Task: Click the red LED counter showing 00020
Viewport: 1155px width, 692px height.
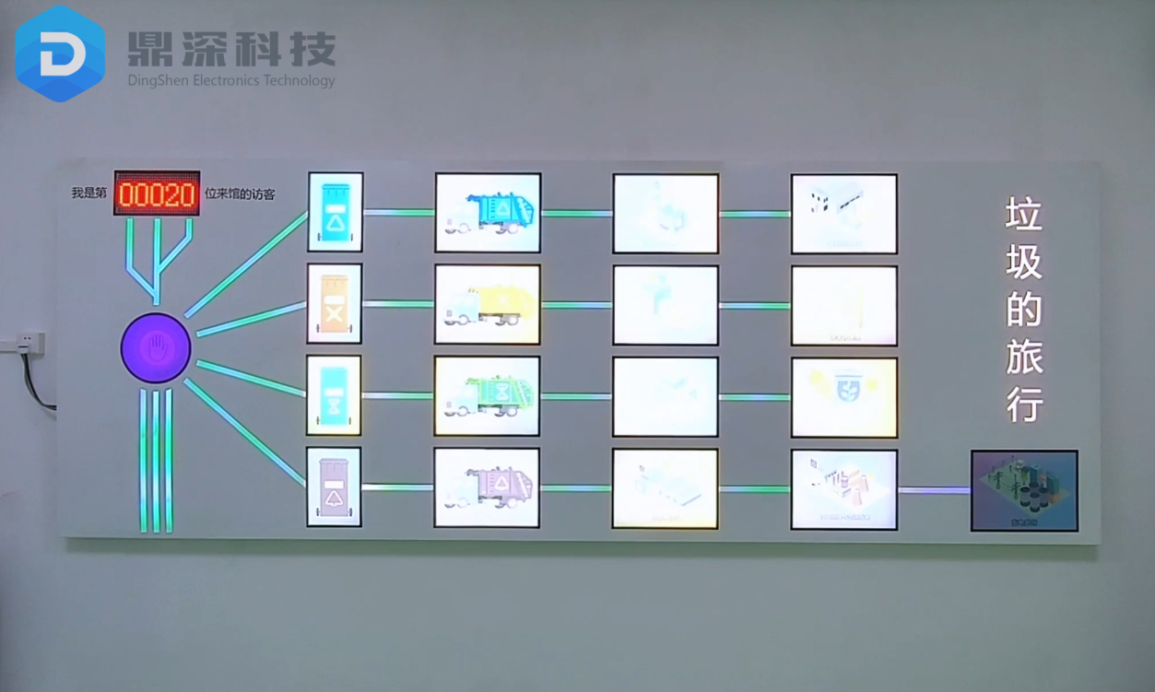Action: (157, 194)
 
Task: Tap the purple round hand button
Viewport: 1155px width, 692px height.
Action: (156, 348)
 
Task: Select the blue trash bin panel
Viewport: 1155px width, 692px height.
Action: (335, 212)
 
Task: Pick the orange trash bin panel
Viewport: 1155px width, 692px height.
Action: (335, 303)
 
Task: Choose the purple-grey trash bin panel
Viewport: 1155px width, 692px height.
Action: (334, 487)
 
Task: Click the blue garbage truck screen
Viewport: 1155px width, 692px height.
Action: (488, 213)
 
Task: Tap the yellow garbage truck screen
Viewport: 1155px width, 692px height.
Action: (488, 304)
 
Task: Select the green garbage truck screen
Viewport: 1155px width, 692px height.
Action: (488, 395)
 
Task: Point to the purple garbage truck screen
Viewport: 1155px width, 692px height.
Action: (487, 487)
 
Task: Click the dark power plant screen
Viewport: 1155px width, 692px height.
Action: (1024, 490)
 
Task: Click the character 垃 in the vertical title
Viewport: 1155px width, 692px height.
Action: (1024, 215)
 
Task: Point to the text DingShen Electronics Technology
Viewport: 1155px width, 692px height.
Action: (231, 80)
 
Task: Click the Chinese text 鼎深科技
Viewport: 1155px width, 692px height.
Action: (231, 49)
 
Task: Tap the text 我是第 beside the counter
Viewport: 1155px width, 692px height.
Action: (90, 194)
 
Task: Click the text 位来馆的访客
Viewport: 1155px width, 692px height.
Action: (240, 194)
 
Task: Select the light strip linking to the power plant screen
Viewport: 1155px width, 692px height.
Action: (934, 489)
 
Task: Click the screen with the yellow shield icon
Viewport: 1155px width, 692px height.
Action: (843, 396)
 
